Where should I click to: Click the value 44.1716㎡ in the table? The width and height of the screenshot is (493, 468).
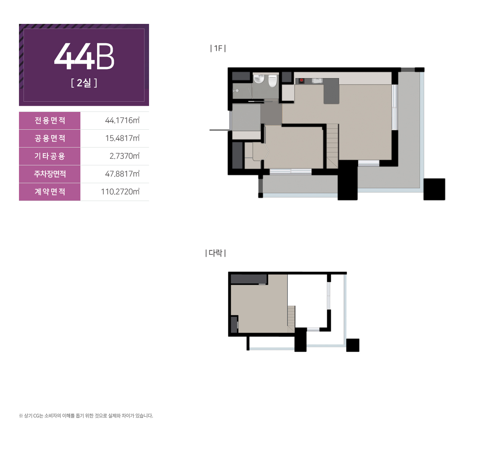[122, 120]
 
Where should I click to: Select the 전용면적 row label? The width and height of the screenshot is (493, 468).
[50, 120]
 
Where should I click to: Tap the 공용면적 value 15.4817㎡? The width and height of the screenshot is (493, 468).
[122, 138]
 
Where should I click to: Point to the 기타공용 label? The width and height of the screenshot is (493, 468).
[50, 156]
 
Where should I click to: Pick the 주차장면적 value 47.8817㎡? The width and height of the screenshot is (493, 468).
[122, 174]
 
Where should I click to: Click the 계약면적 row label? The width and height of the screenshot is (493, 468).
[50, 192]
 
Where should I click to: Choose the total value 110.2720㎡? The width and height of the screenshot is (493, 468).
[120, 192]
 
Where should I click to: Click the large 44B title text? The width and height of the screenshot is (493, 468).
[84, 56]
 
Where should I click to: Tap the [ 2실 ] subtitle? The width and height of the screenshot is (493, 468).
[84, 83]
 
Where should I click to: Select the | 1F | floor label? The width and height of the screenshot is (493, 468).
[218, 48]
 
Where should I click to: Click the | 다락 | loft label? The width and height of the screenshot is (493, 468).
[215, 253]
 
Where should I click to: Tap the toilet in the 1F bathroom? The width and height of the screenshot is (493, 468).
[272, 81]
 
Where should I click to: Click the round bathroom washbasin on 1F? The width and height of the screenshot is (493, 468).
[259, 79]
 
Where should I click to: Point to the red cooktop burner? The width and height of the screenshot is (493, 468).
[301, 80]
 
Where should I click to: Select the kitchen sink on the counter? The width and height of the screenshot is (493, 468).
[317, 80]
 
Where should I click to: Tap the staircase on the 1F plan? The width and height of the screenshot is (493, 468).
[332, 146]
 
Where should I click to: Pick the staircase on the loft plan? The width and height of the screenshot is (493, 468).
[291, 319]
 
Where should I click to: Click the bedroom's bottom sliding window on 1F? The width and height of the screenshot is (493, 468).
[290, 171]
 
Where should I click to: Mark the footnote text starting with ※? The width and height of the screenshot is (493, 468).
[86, 416]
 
